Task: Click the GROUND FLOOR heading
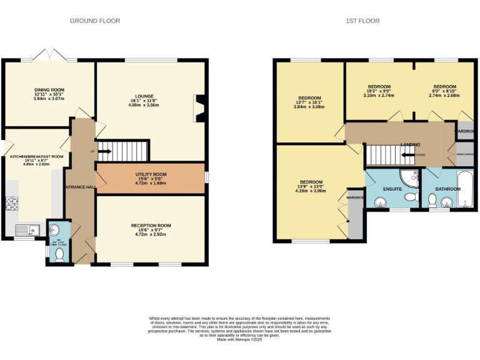pyautogui.click(x=95, y=21)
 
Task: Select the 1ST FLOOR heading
pyautogui.click(x=362, y=21)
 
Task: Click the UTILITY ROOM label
pyautogui.click(x=151, y=174)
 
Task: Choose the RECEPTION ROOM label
pyautogui.click(x=151, y=226)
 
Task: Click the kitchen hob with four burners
pyautogui.click(x=12, y=204)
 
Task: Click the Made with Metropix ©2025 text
pyautogui.click(x=240, y=340)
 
